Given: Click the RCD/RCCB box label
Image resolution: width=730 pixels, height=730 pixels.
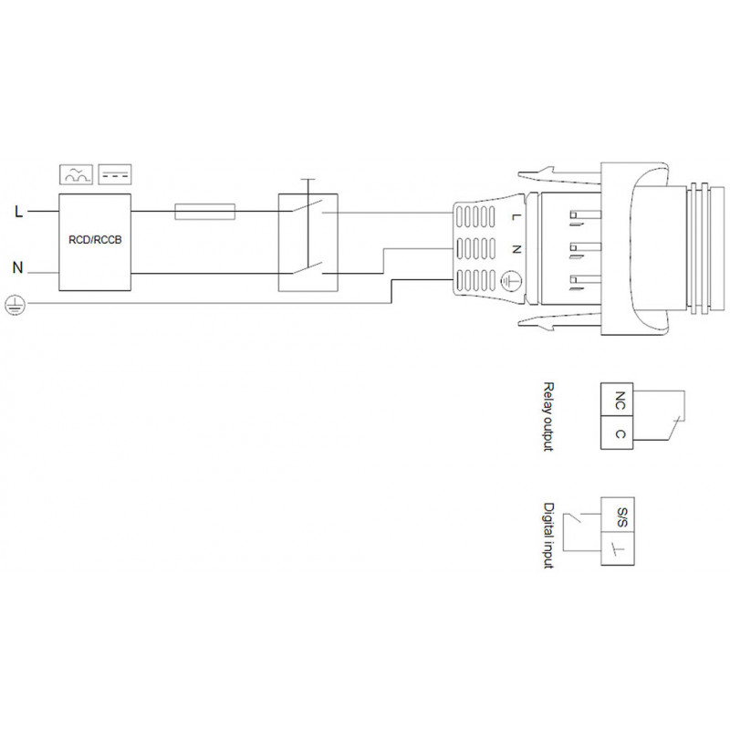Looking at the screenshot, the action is click(95, 240).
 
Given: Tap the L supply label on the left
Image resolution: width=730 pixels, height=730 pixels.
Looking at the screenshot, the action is click(18, 213).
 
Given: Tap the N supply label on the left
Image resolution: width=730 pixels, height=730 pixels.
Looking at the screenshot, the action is click(17, 268).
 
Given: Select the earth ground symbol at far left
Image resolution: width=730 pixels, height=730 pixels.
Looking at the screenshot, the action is click(16, 305).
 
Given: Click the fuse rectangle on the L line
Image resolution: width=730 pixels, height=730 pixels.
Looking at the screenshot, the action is click(204, 212).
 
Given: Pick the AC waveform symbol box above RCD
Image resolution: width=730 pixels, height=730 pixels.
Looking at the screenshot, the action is click(77, 174).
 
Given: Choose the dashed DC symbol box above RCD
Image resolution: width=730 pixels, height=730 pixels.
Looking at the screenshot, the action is click(115, 174).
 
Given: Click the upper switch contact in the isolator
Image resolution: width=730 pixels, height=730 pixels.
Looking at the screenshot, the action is click(308, 206).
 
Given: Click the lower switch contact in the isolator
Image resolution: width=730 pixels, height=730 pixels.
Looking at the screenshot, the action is click(308, 268).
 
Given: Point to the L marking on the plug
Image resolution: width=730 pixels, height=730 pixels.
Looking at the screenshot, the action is click(515, 217).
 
